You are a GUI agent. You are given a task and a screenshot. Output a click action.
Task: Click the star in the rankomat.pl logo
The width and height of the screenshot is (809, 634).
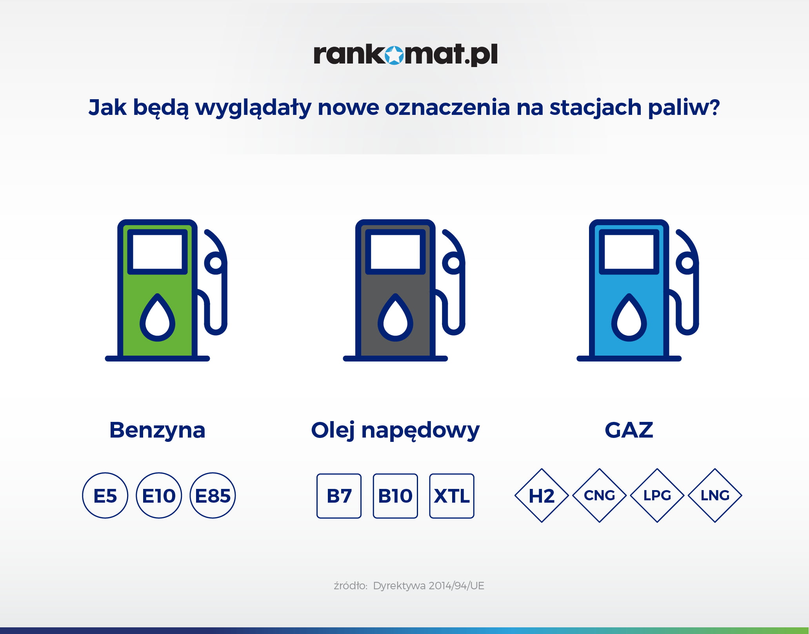pos(394,55)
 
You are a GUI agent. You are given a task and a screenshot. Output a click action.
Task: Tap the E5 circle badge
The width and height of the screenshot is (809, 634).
pos(105,495)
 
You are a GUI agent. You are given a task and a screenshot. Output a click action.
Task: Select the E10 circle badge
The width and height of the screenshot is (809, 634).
pos(159,495)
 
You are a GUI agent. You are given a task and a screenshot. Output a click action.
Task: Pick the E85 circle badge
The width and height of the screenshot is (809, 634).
pos(213,495)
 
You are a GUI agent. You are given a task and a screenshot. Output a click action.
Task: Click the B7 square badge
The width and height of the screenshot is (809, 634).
pos(339,496)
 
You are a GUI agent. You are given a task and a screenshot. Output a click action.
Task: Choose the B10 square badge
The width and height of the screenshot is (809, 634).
pos(395,496)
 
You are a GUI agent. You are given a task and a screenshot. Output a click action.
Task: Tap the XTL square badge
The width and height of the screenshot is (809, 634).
pos(452,496)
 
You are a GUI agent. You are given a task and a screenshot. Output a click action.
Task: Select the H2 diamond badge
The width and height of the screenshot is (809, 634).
pos(542,496)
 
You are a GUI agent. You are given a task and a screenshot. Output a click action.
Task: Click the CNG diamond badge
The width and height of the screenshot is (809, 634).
pos(599,496)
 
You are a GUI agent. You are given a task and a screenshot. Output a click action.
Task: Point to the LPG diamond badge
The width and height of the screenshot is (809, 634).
pos(657,496)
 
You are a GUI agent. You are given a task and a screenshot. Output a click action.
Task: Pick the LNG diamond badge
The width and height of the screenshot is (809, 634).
pos(715,496)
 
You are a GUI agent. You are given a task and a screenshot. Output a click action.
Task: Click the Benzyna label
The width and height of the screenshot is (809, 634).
pos(157,431)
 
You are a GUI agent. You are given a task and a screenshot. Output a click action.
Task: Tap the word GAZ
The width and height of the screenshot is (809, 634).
pos(629,430)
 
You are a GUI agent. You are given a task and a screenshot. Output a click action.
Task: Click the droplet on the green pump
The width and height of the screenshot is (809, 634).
pos(158,317)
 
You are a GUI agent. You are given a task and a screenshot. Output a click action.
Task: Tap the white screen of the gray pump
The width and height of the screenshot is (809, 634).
pos(395,252)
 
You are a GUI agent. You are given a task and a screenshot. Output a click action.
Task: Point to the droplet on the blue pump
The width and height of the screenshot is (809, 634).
pos(629,317)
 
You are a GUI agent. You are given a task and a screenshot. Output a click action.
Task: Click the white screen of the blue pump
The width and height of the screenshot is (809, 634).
pos(629,252)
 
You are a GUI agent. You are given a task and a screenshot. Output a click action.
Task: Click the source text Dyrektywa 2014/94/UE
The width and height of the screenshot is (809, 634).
pos(429,586)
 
